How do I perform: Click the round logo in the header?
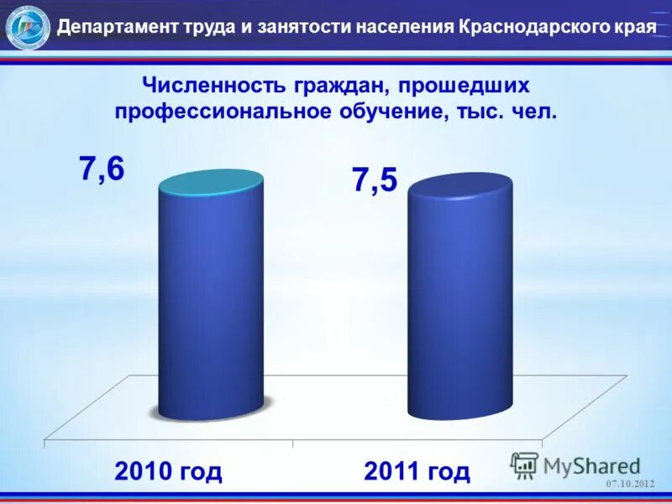pyautogui.click(x=28, y=27)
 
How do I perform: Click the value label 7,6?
pyautogui.click(x=102, y=169)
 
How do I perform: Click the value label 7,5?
pyautogui.click(x=375, y=181)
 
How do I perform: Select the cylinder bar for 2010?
pyautogui.click(x=210, y=302)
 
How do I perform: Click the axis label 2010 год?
pyautogui.click(x=169, y=471)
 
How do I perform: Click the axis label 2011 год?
pyautogui.click(x=417, y=471)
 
